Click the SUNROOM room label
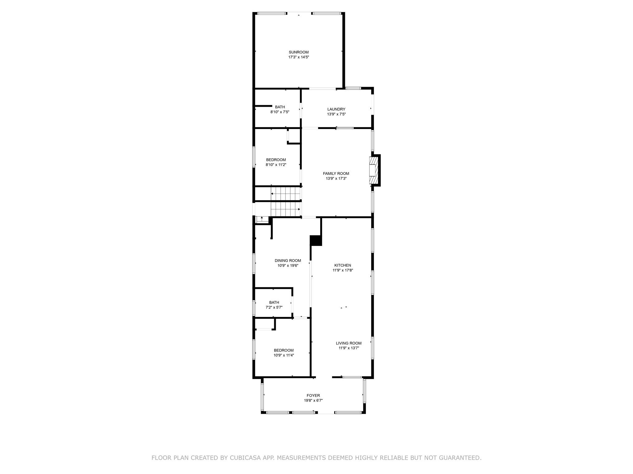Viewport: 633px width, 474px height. tap(299, 52)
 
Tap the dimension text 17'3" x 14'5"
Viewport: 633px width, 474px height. tap(299, 57)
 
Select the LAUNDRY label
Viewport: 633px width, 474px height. tap(336, 109)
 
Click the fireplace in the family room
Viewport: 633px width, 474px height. tap(373, 170)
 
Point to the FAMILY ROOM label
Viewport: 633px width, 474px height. tap(336, 173)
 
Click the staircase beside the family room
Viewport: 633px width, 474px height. tap(286, 201)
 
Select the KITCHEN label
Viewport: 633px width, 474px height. tap(342, 265)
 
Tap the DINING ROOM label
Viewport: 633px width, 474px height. tap(288, 260)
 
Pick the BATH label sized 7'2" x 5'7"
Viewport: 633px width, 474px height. tap(274, 302)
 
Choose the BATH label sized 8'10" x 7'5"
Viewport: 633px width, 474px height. tap(280, 107)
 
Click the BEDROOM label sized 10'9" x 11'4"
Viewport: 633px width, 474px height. tap(283, 350)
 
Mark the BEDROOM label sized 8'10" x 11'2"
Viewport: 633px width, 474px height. tap(276, 160)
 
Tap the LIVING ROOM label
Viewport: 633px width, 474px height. tap(349, 343)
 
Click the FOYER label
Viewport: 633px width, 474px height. tap(313, 396)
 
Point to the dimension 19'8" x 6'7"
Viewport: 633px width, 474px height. tap(313, 401)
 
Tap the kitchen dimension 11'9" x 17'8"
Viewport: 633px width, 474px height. tap(342, 270)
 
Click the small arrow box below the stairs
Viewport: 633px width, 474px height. tap(262, 220)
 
